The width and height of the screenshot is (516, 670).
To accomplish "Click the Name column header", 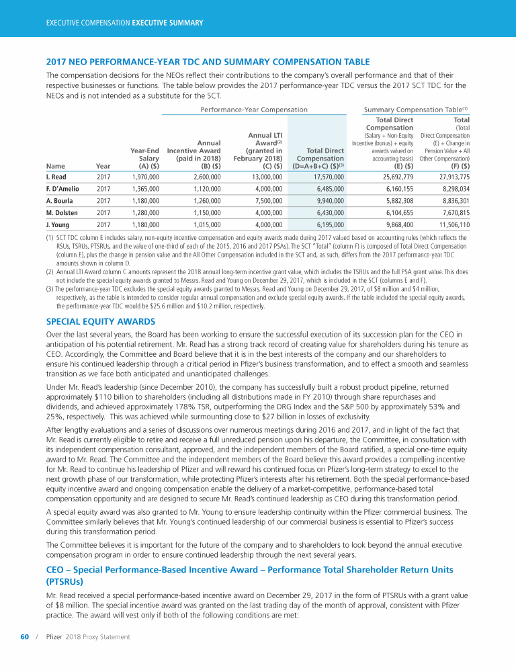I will [54, 165].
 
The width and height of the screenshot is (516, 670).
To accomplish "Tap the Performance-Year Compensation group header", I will [255, 109].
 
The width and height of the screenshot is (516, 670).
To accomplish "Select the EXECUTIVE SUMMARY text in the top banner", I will [167, 23].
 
